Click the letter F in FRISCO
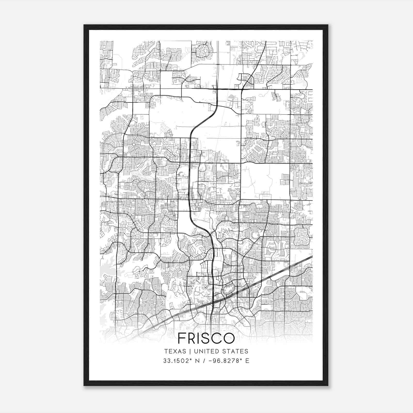pyautogui.click(x=183, y=338)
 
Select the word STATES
pyautogui.click(x=234, y=351)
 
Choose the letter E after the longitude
pyautogui.click(x=247, y=361)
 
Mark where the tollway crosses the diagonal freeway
pyautogui.click(x=213, y=301)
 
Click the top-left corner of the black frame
pyautogui.click(x=84, y=25)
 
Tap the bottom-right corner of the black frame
pyautogui.click(x=328, y=385)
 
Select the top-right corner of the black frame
pyautogui.click(x=328, y=25)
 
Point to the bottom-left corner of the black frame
pyautogui.click(x=84, y=385)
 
